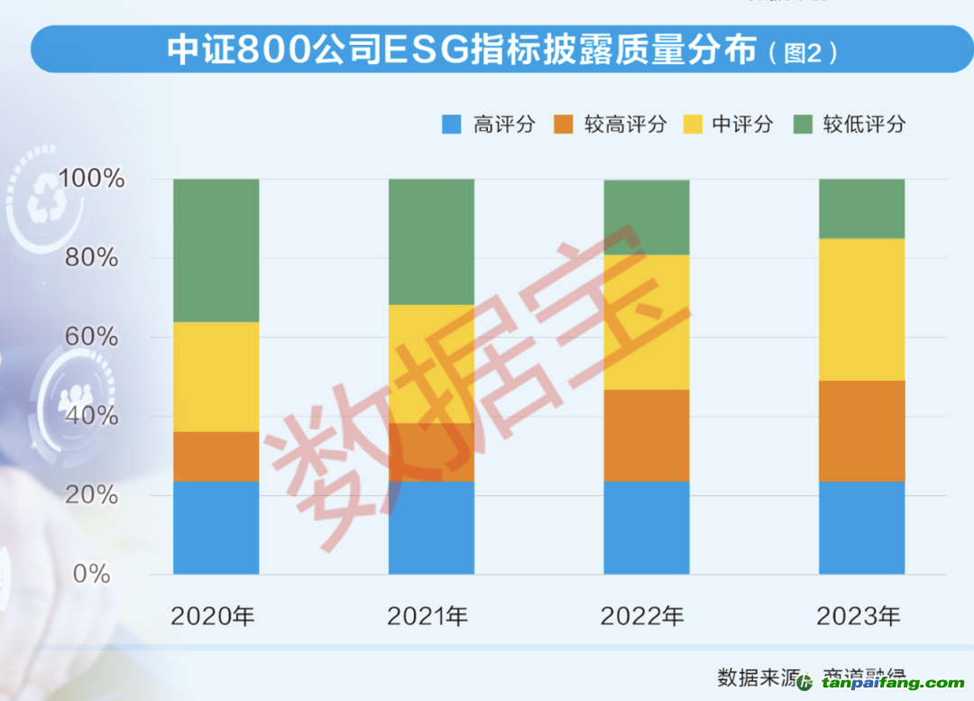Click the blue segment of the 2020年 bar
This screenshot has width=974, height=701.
click(x=216, y=527)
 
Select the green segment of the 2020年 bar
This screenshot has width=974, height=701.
click(x=216, y=250)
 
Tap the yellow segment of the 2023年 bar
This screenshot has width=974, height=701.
click(x=861, y=309)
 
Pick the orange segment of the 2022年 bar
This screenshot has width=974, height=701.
click(x=646, y=435)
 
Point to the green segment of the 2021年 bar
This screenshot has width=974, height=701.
click(x=431, y=241)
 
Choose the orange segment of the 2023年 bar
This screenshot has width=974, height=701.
click(x=861, y=430)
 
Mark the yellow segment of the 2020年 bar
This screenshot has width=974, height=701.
click(x=216, y=376)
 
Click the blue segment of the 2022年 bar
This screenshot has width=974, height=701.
click(x=646, y=527)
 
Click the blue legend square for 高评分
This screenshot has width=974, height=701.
click(x=452, y=125)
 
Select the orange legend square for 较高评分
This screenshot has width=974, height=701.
click(x=564, y=125)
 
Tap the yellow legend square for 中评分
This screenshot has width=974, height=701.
click(x=692, y=125)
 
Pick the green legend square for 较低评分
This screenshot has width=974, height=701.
click(x=803, y=125)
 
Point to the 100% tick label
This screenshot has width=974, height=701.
click(x=91, y=179)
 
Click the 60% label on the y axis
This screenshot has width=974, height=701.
click(x=91, y=337)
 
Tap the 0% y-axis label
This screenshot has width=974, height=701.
click(x=91, y=573)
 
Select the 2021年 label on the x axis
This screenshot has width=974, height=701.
click(x=428, y=617)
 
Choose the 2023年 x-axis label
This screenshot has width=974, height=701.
click(x=859, y=617)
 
